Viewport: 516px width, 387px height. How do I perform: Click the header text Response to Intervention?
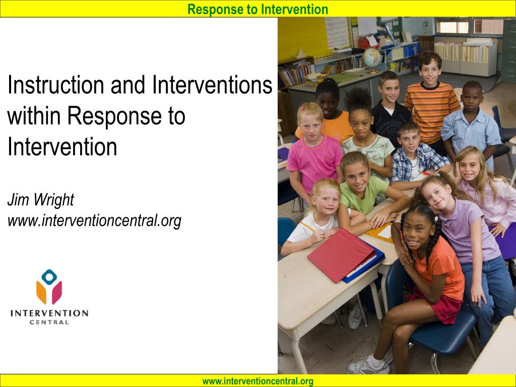pyautogui.click(x=257, y=9)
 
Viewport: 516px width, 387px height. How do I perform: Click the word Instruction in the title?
pyautogui.click(x=56, y=85)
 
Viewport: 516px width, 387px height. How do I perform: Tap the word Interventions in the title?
pyautogui.click(x=212, y=85)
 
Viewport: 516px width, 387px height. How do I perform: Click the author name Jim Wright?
pyautogui.click(x=41, y=200)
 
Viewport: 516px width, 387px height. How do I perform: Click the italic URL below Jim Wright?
pyautogui.click(x=94, y=220)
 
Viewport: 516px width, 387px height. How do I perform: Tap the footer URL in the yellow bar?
pyautogui.click(x=257, y=381)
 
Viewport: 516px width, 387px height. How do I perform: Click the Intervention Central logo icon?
pyautogui.click(x=49, y=287)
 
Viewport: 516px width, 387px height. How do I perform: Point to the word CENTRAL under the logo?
pyautogui.click(x=49, y=322)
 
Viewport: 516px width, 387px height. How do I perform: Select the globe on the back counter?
pyautogui.click(x=372, y=59)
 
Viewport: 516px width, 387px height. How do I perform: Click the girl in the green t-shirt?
pyautogui.click(x=365, y=191)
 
